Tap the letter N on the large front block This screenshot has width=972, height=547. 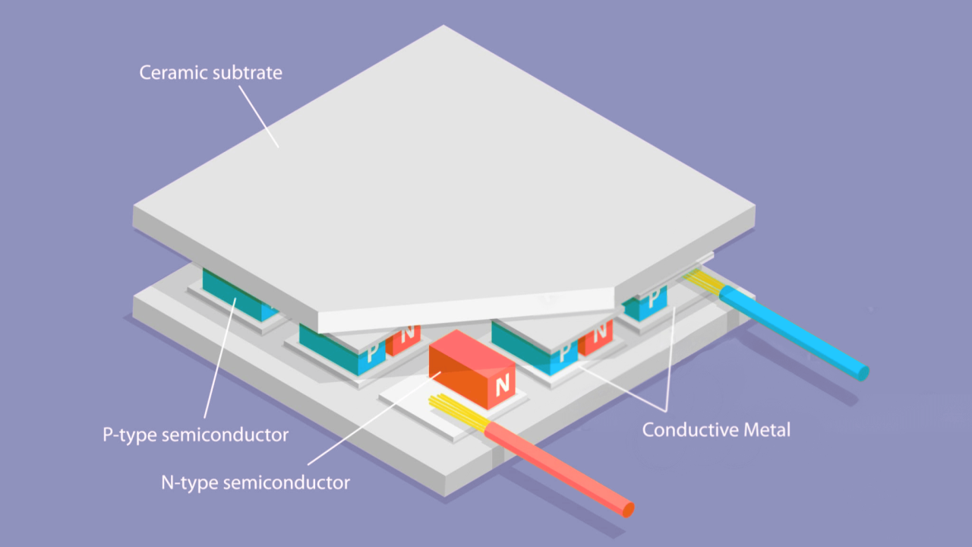(x=502, y=386)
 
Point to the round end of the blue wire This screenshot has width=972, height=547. (x=862, y=372)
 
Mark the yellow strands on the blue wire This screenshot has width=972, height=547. (x=704, y=282)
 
